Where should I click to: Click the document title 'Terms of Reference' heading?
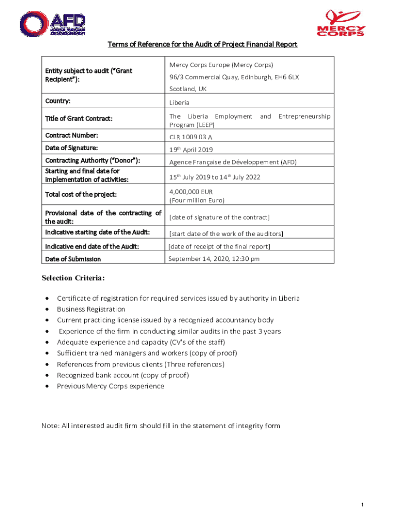tap(202, 45)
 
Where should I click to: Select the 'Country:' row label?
tap(58, 101)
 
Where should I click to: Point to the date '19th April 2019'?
tap(191, 150)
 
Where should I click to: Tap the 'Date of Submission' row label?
tap(73, 259)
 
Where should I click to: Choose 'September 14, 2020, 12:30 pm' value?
tap(214, 259)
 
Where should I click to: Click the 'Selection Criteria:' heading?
tap(73, 278)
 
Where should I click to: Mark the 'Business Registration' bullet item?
tap(91, 309)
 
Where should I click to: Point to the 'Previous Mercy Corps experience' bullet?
tap(111, 386)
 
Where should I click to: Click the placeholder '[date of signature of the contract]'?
tap(220, 217)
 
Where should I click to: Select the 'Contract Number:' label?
tap(71, 136)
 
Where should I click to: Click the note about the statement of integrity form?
tap(161, 426)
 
